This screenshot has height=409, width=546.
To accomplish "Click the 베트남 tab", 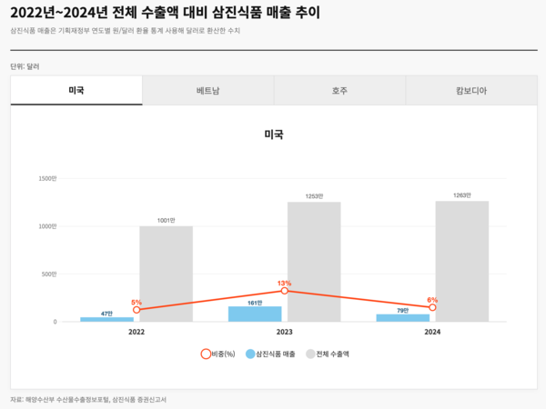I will pyautogui.click(x=207, y=91).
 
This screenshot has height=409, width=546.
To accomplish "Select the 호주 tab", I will pyautogui.click(x=339, y=91).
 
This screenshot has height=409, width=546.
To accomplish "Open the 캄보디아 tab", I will pyautogui.click(x=470, y=91).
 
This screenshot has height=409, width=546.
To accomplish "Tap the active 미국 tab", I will pyautogui.click(x=76, y=91).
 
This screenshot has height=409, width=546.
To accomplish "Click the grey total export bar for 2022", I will pyautogui.click(x=166, y=274).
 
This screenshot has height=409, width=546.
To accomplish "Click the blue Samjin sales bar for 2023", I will pyautogui.click(x=255, y=314).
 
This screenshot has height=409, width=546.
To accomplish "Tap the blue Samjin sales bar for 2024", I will pyautogui.click(x=402, y=317).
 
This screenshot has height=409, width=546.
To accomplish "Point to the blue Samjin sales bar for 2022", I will pyautogui.click(x=106, y=319).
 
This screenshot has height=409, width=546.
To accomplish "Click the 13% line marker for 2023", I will pyautogui.click(x=285, y=291).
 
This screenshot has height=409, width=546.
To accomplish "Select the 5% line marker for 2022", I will pyautogui.click(x=136, y=310).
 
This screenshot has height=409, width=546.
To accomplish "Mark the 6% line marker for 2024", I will pyautogui.click(x=432, y=307).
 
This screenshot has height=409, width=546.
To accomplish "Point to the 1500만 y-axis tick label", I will pyautogui.click(x=47, y=178).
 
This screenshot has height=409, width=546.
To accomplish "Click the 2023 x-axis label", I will pyautogui.click(x=285, y=333).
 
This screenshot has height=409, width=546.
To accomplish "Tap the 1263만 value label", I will pyautogui.click(x=461, y=195).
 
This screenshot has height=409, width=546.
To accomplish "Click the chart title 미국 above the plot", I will pyautogui.click(x=273, y=135).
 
